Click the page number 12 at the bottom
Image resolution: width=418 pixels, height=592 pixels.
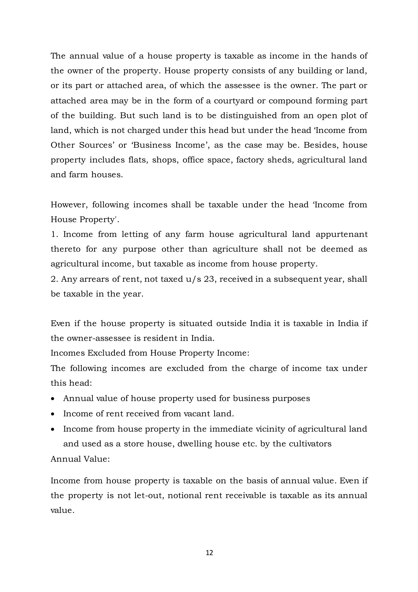209,553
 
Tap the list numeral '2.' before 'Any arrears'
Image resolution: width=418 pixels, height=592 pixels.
54,279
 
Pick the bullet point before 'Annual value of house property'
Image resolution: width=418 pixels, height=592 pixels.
53,399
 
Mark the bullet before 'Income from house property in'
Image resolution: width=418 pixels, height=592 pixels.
53,429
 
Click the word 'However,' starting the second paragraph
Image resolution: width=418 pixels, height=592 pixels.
69,204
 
